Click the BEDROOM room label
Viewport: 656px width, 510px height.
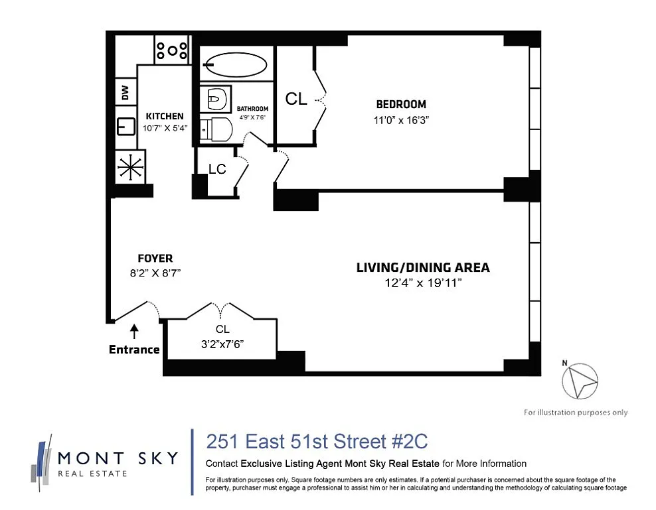click(401, 104)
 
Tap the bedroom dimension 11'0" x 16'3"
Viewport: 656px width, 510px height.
click(401, 121)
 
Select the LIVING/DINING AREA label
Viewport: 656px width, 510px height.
click(423, 267)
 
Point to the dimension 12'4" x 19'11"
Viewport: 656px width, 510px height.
click(423, 283)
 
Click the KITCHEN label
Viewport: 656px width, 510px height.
click(165, 116)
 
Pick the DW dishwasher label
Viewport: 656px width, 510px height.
click(125, 92)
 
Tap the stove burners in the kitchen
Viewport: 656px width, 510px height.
click(172, 50)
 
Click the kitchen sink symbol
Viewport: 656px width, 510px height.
click(125, 126)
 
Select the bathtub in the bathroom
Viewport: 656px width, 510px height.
click(236, 65)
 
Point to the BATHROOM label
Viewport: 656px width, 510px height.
click(252, 109)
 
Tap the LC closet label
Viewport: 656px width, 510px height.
click(217, 169)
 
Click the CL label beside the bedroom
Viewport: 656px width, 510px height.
click(295, 99)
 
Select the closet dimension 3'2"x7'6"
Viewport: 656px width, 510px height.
click(222, 344)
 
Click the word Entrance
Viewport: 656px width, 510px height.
click(134, 350)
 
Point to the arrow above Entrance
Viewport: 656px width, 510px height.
click(134, 332)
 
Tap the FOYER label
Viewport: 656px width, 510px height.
click(155, 259)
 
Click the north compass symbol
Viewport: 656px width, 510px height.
click(580, 381)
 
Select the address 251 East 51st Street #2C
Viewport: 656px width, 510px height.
click(317, 442)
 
